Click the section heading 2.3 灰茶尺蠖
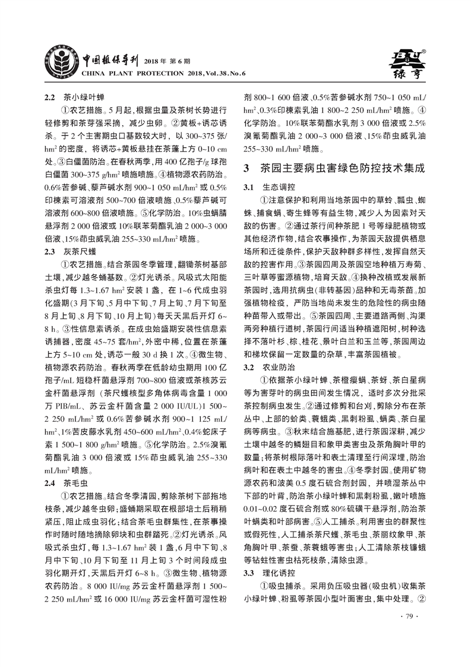coord(69,252)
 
